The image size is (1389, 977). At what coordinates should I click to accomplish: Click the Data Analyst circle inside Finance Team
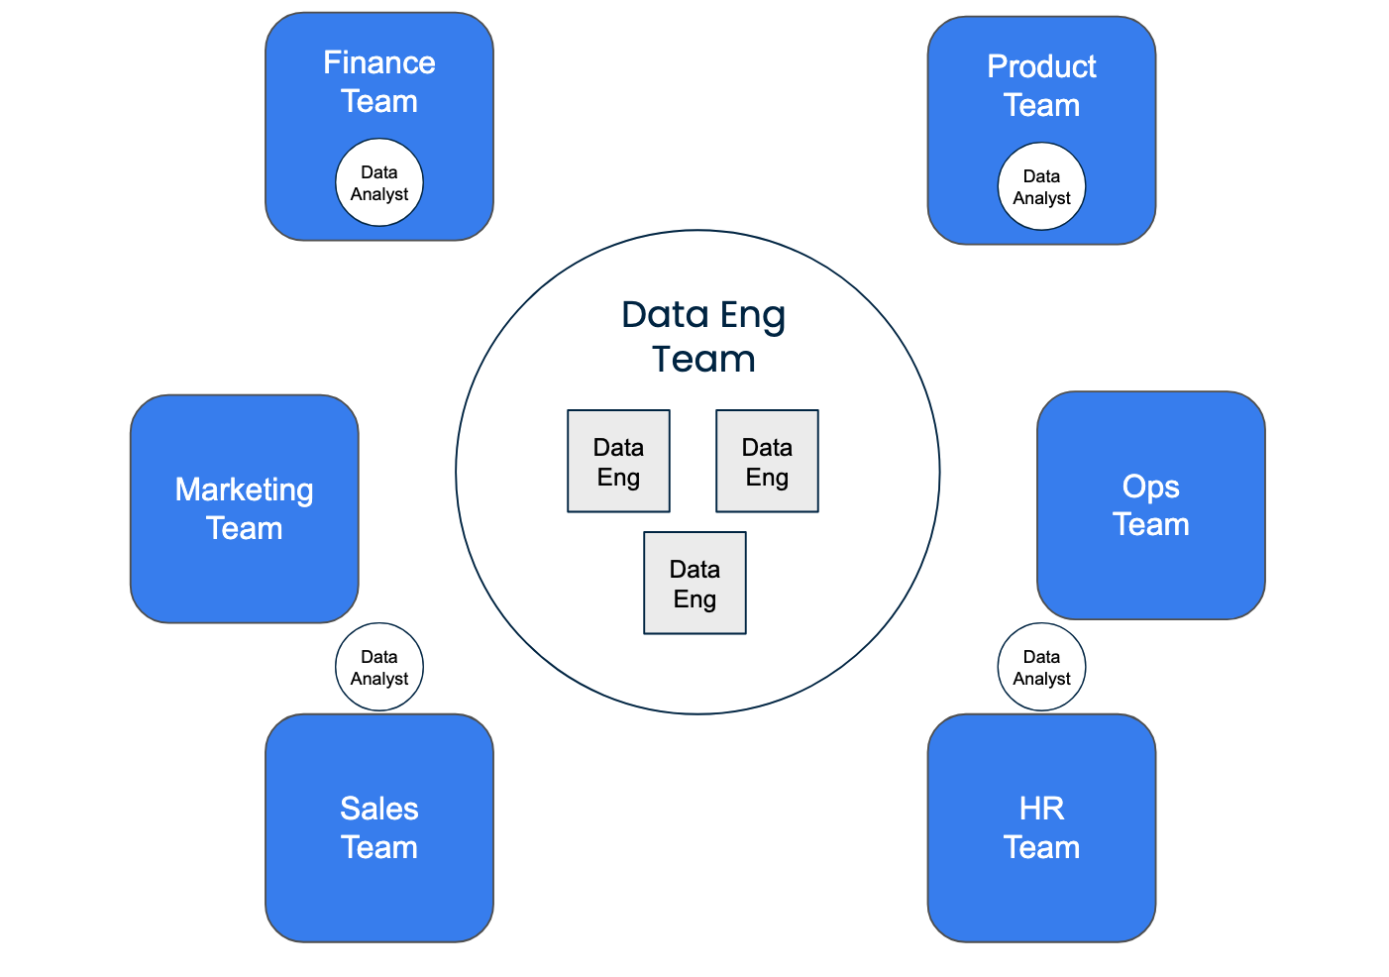tap(379, 183)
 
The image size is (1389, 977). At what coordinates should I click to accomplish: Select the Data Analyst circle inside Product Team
tap(1041, 187)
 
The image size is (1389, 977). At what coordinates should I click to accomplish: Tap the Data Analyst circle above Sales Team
tap(379, 667)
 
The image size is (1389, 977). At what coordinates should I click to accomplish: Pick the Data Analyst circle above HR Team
tap(1041, 667)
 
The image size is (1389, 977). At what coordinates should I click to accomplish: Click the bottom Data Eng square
tap(694, 584)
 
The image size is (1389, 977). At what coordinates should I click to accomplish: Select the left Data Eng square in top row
tap(618, 462)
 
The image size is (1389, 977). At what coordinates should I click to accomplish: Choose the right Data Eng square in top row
tap(767, 462)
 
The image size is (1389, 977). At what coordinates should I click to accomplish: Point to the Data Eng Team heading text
tap(703, 337)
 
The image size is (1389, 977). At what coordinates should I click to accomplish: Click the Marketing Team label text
tap(244, 508)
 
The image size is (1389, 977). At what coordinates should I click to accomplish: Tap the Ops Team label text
tap(1150, 505)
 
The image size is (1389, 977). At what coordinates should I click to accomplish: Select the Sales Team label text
tap(379, 827)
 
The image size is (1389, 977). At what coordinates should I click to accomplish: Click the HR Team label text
tap(1041, 827)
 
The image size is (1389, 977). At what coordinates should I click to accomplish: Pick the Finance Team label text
tap(379, 82)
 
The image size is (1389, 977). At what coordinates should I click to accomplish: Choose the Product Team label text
tap(1041, 86)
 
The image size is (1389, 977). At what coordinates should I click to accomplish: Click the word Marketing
tap(244, 489)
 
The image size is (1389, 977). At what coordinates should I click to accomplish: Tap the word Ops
tap(1150, 487)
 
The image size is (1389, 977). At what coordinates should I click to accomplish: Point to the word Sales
tap(379, 809)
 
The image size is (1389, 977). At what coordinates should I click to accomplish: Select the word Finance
tap(379, 63)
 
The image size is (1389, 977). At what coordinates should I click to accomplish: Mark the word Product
tap(1041, 67)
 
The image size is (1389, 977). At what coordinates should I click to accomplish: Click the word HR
tap(1041, 809)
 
